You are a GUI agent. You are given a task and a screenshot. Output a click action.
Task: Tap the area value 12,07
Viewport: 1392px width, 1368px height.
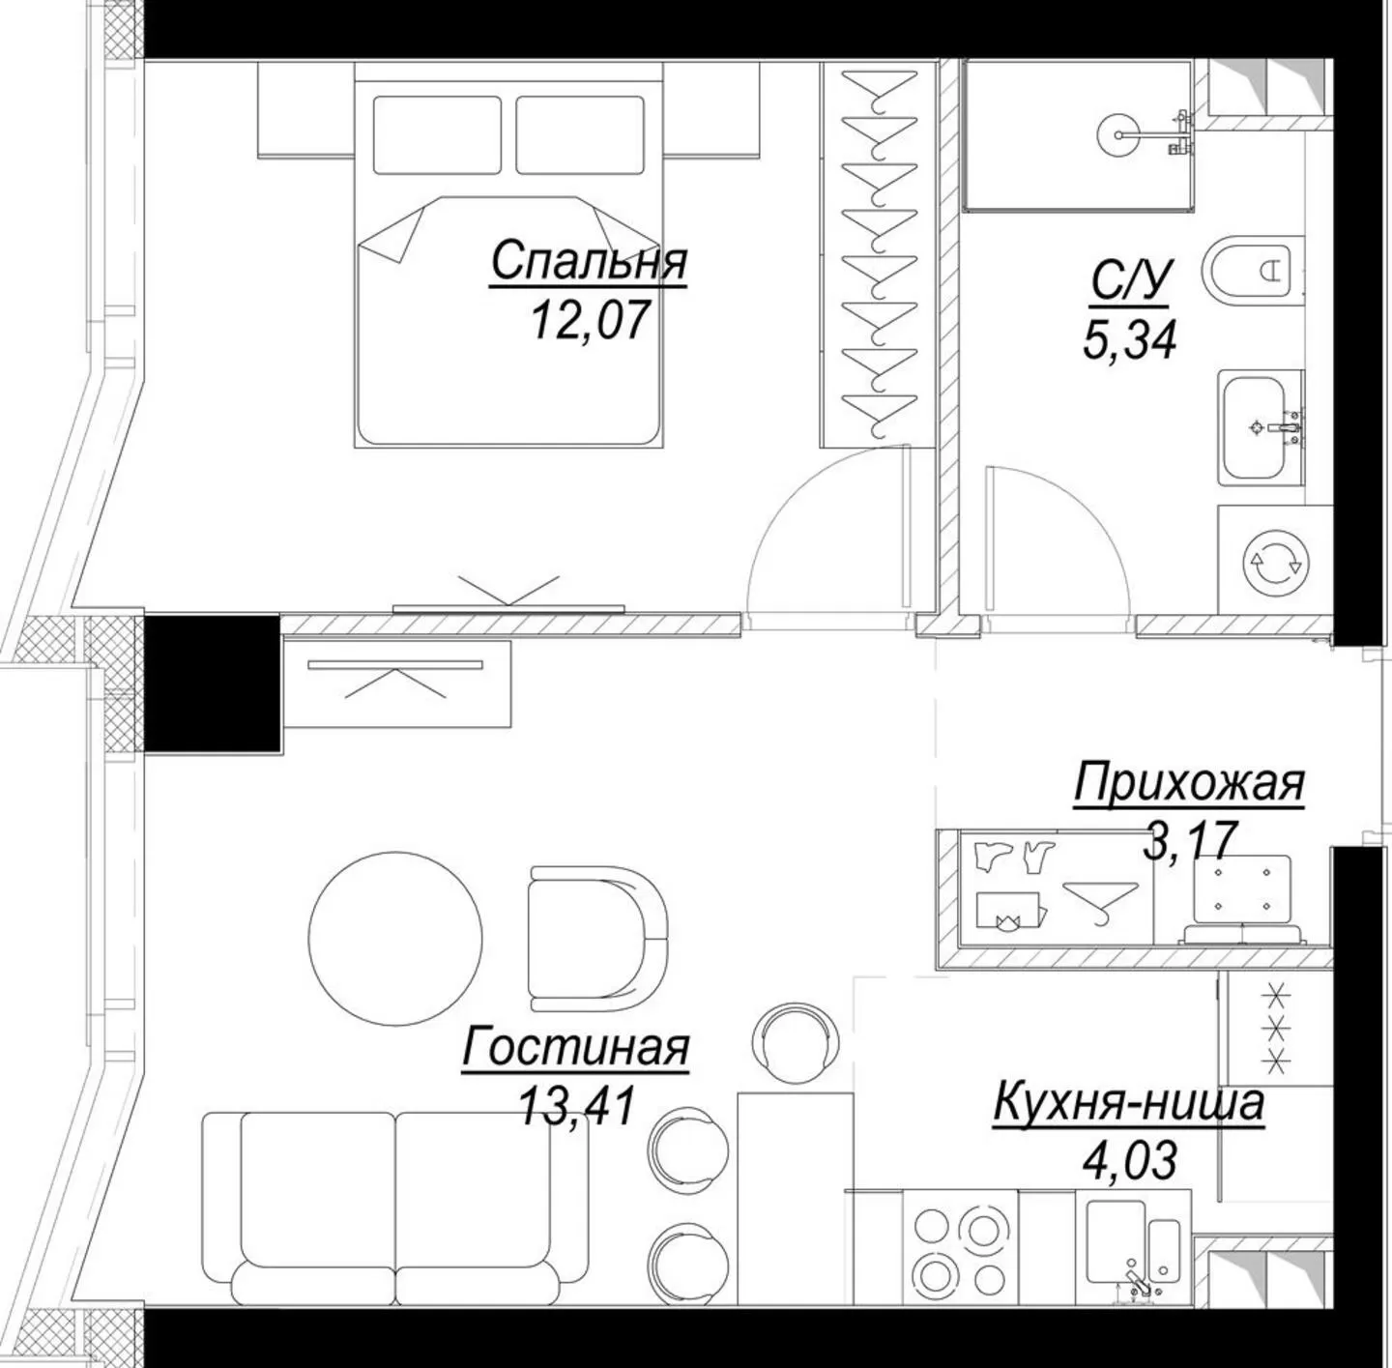(587, 320)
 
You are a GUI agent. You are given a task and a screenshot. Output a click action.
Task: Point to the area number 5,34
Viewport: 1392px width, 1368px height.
(1129, 340)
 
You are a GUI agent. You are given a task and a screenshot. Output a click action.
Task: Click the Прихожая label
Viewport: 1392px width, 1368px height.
(1189, 783)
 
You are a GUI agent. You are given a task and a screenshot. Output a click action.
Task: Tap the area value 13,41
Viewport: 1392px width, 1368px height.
(577, 1105)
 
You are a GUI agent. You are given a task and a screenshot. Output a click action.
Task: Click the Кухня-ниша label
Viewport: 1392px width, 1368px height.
(1128, 1102)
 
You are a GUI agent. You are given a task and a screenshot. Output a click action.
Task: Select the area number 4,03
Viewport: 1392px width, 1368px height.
(1129, 1160)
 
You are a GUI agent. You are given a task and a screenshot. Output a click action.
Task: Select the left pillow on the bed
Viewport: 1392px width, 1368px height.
(437, 134)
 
